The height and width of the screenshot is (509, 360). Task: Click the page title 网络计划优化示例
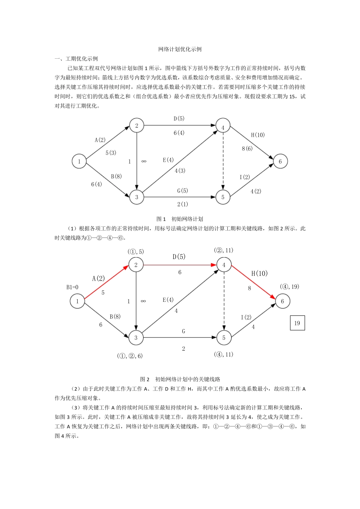180,49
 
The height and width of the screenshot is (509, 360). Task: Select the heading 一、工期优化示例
76,59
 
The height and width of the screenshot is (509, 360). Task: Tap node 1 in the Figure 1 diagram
79,161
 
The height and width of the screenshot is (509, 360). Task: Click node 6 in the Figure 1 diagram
280,161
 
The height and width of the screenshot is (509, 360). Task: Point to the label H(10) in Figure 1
258,135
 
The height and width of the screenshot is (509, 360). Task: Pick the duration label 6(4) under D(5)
179,133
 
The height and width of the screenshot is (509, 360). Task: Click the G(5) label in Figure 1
182,190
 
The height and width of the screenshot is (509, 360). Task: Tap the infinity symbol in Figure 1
144,161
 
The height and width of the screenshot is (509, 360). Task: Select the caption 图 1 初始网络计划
180,219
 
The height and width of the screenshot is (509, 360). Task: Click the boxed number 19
297,323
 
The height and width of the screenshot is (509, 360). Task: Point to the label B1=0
72,287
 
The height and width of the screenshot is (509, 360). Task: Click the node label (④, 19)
290,287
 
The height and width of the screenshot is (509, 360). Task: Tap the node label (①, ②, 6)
130,356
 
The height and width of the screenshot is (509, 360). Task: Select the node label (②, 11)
224,250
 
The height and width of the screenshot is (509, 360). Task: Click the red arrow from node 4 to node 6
253,283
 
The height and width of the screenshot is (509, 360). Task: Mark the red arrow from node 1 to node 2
106,283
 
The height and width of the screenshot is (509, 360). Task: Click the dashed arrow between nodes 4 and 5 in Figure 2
224,301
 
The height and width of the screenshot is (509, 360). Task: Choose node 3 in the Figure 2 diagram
136,337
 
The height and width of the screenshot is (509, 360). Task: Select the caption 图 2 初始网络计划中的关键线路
180,379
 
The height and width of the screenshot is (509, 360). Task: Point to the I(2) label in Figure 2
246,317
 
